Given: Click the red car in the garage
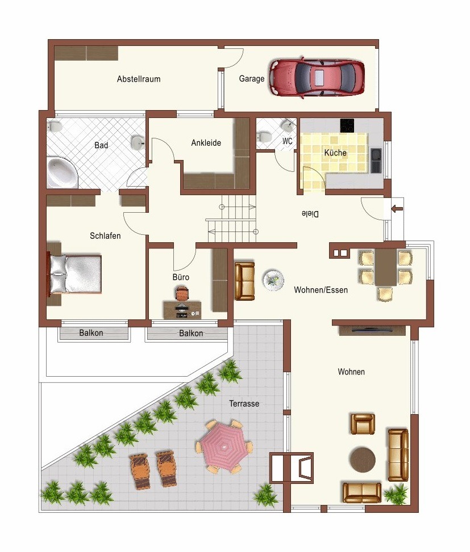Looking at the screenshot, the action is (317, 78).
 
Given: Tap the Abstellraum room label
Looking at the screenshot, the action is (139, 79).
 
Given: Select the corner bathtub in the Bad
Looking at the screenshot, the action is (62, 173).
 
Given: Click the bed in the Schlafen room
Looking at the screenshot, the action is (75, 274).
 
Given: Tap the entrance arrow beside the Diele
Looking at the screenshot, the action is (397, 209).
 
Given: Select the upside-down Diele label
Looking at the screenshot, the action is (310, 214).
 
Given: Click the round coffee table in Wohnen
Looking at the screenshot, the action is (363, 460).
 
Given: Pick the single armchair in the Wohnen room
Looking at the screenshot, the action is (363, 424).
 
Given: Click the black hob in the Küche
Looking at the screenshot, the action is (347, 126).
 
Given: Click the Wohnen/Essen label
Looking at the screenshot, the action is (321, 290).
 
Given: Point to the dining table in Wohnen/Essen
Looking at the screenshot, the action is (386, 267).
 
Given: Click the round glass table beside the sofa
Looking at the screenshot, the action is (273, 280).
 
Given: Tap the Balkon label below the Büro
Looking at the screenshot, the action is (191, 333).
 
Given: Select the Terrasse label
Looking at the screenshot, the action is (244, 403).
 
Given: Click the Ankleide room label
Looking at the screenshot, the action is (206, 142).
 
